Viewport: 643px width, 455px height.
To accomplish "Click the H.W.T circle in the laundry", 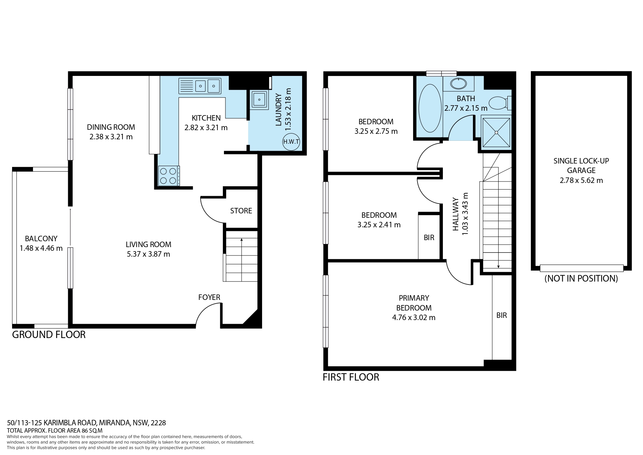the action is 291,142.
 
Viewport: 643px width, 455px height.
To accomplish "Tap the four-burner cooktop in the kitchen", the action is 169,176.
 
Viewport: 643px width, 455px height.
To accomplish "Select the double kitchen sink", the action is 200,86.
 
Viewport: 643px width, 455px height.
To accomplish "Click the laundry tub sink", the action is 260,99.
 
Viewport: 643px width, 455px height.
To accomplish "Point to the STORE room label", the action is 241,211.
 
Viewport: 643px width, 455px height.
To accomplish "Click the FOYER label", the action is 209,297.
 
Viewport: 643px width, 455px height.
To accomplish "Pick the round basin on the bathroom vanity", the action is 458,84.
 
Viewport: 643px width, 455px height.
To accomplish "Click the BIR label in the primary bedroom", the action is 501,315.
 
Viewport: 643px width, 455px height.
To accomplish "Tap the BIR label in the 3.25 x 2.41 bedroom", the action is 429,238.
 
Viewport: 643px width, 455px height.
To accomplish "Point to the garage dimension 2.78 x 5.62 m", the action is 581,180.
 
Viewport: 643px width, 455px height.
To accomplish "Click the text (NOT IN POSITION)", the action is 581,278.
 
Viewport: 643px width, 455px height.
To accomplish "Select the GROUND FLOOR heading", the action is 49,335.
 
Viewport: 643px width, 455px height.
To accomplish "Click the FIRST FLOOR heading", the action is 351,377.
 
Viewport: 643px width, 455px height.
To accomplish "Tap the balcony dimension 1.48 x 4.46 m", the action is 41,248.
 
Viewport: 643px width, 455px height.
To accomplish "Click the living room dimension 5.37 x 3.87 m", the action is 148,254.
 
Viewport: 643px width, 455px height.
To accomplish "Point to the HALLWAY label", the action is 456,214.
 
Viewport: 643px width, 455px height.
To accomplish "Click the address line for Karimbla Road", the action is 87,423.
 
